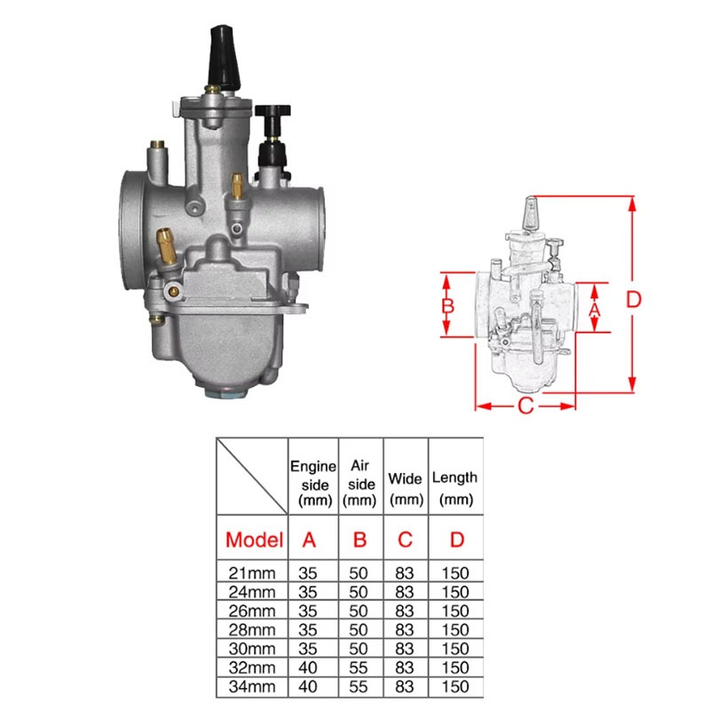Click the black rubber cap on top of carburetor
coord(225,58)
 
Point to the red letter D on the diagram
coord(634,299)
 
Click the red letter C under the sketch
coord(525,406)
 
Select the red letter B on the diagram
coord(448,306)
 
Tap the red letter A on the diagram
coord(595,310)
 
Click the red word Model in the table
coord(255,540)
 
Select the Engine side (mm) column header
coord(313,484)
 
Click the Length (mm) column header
coord(454,488)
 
